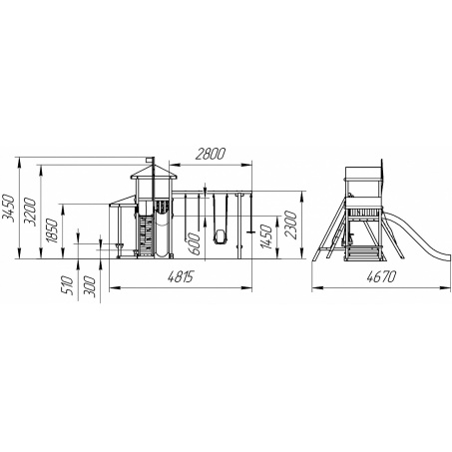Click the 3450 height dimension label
pyautogui.click(x=9, y=208)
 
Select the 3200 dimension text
pyautogui.click(x=30, y=212)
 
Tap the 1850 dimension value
pyautogui.click(x=52, y=230)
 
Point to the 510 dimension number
pyautogui.click(x=68, y=284)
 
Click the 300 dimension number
pyautogui.click(x=90, y=287)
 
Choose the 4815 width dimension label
pyautogui.click(x=181, y=276)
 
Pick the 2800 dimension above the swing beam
pyautogui.click(x=211, y=154)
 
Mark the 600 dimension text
pyautogui.click(x=195, y=243)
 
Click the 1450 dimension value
pyautogui.click(x=266, y=236)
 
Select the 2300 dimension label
pyautogui.click(x=290, y=225)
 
